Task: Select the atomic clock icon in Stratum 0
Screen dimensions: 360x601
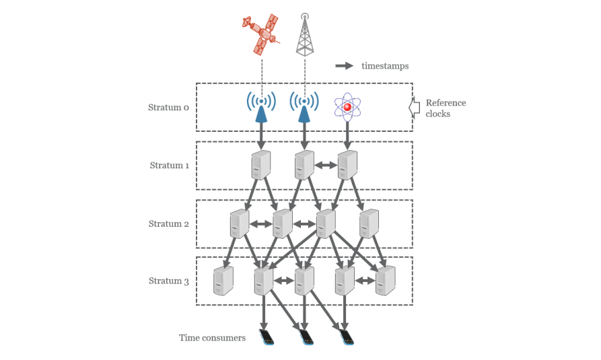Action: click(347, 106)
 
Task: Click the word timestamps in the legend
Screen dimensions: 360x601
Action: click(384, 66)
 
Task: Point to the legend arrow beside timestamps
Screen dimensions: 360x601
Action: click(345, 66)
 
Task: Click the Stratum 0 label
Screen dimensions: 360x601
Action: click(168, 107)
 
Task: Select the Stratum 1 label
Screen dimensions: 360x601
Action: click(168, 165)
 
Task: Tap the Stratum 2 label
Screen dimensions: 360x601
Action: click(168, 223)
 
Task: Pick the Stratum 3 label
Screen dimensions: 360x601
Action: click(168, 281)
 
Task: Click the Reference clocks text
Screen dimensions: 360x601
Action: click(445, 108)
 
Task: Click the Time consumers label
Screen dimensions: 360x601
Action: click(212, 337)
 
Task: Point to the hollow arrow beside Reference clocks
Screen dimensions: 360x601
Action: click(414, 107)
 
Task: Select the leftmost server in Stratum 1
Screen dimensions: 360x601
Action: click(260, 165)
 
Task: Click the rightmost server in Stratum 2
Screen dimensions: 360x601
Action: click(369, 223)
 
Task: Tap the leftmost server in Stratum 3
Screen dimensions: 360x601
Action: click(223, 281)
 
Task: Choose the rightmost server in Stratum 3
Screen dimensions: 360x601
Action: click(385, 281)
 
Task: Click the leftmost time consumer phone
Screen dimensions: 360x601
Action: click(267, 337)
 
